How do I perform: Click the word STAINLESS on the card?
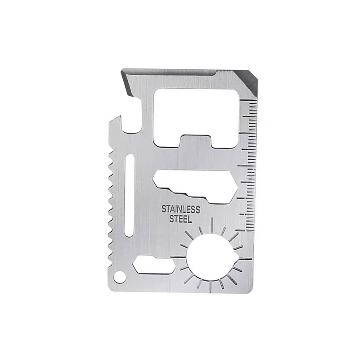pos(181,210)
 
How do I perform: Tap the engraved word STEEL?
pos(180,219)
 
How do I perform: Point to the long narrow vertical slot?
pos(129,196)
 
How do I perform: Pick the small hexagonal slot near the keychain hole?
pos(154,265)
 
